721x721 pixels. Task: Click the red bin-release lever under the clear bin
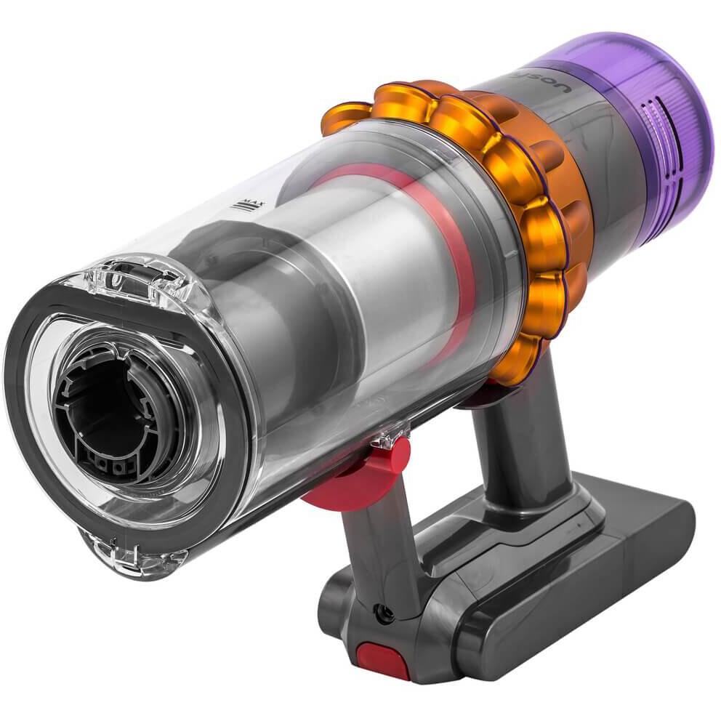(356, 472)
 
